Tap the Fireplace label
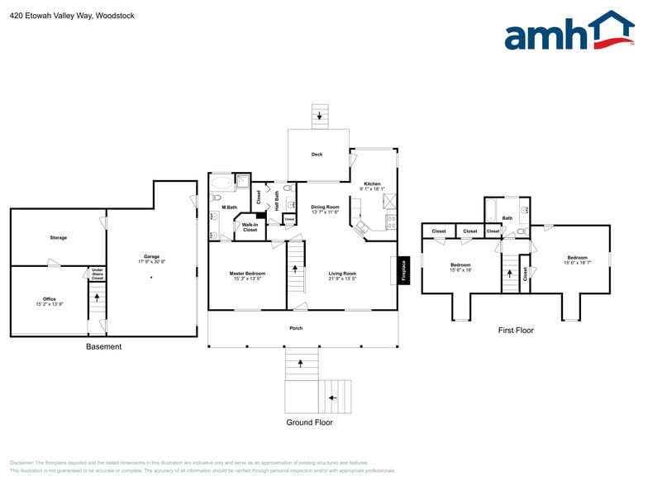tap(404, 271)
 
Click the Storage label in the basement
tap(58, 238)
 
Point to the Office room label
tap(50, 301)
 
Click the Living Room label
tap(342, 275)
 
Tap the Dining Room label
tap(325, 209)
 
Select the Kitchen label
tap(372, 186)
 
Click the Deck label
tap(317, 155)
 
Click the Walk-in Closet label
tap(250, 227)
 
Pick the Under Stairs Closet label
tap(97, 274)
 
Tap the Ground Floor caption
tap(310, 422)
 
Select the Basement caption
tap(103, 346)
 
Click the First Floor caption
tap(516, 331)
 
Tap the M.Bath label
tap(230, 207)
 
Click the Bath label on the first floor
tap(507, 218)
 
